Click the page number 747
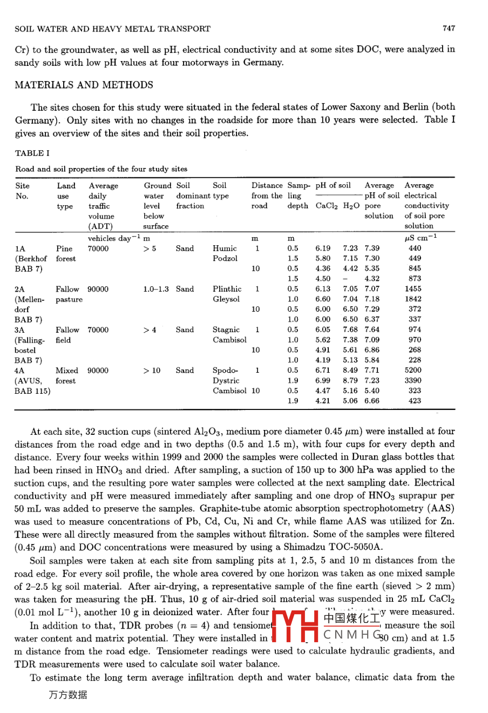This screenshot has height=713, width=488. point(449,28)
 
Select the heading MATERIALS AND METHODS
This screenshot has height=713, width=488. point(84,85)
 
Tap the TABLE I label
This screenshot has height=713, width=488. point(32,153)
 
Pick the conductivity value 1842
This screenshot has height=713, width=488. point(414,299)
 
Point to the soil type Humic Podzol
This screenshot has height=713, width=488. point(225,253)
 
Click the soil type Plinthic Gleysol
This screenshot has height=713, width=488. point(227,294)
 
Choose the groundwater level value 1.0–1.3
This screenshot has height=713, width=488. point(156,290)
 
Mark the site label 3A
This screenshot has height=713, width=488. point(20,330)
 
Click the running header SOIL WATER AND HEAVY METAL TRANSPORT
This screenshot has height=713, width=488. point(113,29)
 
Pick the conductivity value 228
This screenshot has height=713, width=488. point(415,360)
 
